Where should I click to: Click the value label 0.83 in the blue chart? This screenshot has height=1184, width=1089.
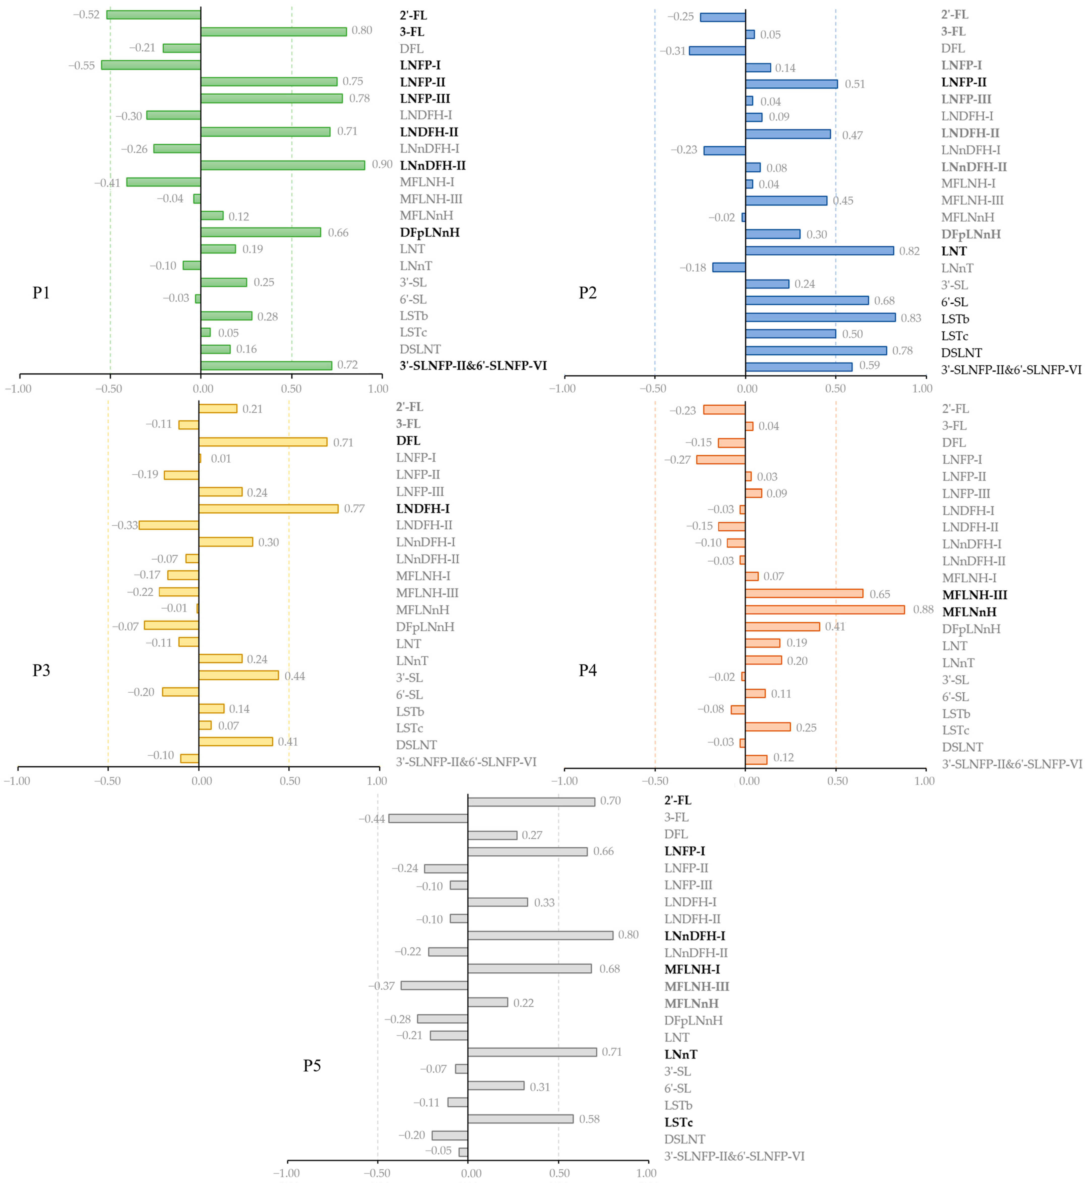(911, 318)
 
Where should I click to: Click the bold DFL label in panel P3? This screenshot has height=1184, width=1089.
(408, 441)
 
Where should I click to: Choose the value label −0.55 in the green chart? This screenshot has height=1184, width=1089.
(81, 65)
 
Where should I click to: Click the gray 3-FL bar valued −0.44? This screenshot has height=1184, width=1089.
(428, 818)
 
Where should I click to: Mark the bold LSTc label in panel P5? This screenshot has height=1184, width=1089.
(678, 1122)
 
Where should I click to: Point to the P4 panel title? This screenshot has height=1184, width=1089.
(588, 670)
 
